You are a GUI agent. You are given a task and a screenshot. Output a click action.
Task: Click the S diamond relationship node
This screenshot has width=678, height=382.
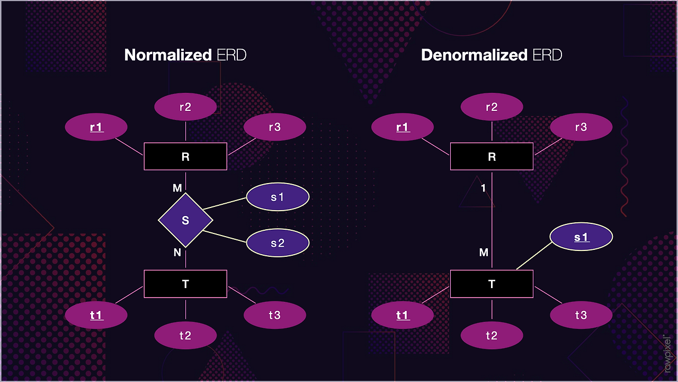[x=185, y=220]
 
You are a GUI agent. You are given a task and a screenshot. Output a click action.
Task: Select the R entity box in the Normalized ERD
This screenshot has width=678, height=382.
[x=185, y=157]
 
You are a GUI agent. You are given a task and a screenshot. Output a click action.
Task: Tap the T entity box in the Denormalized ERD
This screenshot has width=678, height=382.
[x=492, y=284]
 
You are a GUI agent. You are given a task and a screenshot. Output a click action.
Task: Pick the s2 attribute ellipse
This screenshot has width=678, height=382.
[x=278, y=243]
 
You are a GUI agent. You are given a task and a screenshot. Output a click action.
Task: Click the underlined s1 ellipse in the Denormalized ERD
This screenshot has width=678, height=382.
[x=581, y=237]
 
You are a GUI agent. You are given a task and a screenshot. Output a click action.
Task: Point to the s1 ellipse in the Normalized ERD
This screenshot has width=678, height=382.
[x=278, y=197]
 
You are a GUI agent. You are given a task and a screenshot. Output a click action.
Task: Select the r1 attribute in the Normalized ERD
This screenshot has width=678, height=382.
[x=96, y=127]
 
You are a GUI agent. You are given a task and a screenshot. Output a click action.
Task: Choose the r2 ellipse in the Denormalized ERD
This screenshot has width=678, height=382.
[x=492, y=107]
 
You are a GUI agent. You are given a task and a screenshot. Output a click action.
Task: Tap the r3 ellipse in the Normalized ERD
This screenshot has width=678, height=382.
[x=274, y=127]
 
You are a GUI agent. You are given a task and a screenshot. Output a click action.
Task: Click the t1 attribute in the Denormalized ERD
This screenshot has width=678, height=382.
[x=403, y=315]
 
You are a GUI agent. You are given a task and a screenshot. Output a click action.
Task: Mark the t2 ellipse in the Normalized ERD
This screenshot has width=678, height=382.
[x=185, y=335]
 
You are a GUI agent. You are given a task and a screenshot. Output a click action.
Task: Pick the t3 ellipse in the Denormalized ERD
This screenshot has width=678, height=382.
[x=581, y=315]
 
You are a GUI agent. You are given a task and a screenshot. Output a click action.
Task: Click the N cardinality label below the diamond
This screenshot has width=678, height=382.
[x=177, y=253]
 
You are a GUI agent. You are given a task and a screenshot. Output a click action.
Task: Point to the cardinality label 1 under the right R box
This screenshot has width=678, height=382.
[x=484, y=188]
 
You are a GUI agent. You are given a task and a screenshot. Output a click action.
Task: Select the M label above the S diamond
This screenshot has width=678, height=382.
[x=177, y=188]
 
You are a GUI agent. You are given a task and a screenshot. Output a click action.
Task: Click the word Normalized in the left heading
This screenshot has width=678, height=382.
[x=168, y=55]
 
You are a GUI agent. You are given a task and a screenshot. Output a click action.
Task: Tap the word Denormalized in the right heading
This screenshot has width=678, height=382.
[x=474, y=55]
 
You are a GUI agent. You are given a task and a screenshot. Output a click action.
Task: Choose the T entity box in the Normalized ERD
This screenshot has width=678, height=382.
[x=185, y=284]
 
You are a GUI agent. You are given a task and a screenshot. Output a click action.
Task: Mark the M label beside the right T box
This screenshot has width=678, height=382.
[x=484, y=253]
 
